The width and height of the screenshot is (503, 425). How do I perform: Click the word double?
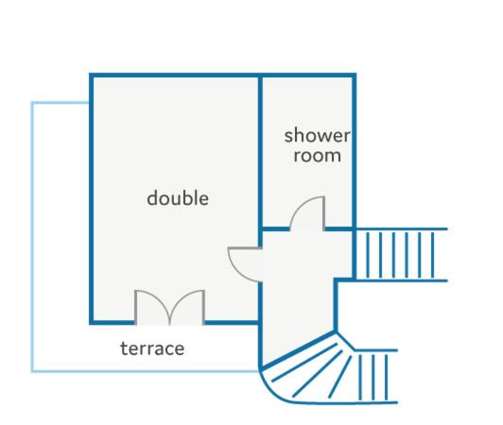(178, 198)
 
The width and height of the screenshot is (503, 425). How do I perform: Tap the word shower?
(318, 135)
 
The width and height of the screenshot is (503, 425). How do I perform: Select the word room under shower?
(318, 156)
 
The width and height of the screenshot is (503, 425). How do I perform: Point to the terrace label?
(152, 348)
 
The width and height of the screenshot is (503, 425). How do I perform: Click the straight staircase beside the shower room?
(400, 255)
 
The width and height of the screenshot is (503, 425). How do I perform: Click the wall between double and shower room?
(261, 152)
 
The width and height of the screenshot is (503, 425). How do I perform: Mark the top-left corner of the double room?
(91, 76)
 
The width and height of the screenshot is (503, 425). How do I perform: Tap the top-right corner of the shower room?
(355, 76)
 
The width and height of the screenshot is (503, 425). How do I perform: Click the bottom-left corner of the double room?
(91, 322)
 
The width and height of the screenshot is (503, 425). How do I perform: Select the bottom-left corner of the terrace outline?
(32, 371)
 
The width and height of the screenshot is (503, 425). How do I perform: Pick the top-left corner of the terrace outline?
(32, 103)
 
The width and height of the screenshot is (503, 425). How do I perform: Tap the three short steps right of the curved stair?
(373, 377)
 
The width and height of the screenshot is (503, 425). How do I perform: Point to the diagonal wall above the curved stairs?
(299, 351)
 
